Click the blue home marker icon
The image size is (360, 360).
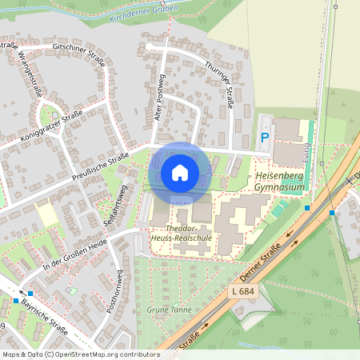click(x=180, y=172)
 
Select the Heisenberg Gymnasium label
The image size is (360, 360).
click(x=279, y=181)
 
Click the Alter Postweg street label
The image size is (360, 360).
click(x=158, y=98)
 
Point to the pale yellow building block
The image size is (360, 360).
click(x=48, y=214)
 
